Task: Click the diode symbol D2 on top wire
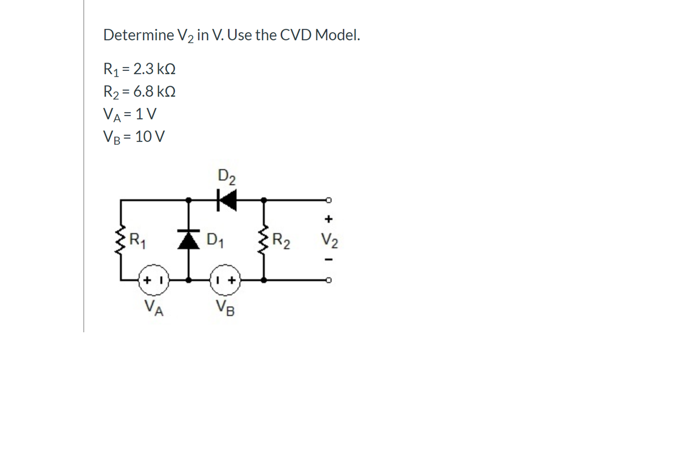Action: [x=226, y=200]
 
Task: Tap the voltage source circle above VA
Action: [x=154, y=280]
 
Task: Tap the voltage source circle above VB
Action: [x=225, y=280]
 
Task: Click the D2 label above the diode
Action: [x=226, y=176]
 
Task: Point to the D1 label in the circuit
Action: [x=215, y=240]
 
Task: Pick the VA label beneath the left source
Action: [x=154, y=307]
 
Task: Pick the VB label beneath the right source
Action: [x=225, y=307]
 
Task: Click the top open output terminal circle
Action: [x=329, y=200]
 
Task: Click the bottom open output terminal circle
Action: [x=329, y=280]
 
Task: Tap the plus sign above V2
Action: [x=329, y=219]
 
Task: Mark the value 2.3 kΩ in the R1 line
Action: [x=154, y=69]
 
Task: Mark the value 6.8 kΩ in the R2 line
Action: [x=154, y=91]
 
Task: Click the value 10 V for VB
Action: [x=150, y=136]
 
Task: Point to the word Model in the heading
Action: [x=337, y=35]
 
